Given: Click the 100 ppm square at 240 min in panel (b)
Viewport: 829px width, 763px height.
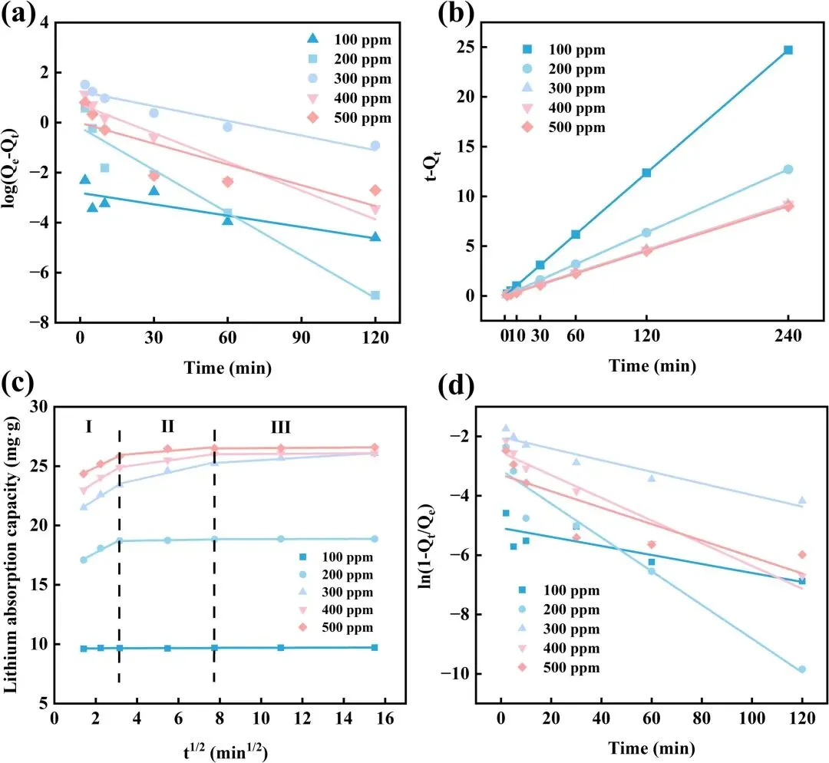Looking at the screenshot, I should point(788,50).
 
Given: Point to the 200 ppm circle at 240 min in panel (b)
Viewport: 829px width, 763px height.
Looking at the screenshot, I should point(788,169).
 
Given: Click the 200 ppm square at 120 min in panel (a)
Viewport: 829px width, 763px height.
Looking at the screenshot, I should point(375,295).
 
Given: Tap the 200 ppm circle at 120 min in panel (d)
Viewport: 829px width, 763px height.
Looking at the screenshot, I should point(802,669).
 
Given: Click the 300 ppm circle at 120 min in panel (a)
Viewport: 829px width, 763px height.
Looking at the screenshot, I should point(375,145).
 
